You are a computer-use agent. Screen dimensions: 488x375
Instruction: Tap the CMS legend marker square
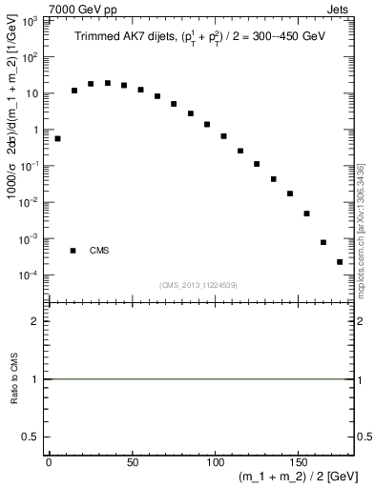(73, 251)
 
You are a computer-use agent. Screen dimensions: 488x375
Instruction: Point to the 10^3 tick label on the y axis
(34, 20)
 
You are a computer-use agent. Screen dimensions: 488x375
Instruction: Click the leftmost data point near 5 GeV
(57, 138)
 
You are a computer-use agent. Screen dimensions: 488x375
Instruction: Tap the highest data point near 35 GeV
(108, 83)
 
